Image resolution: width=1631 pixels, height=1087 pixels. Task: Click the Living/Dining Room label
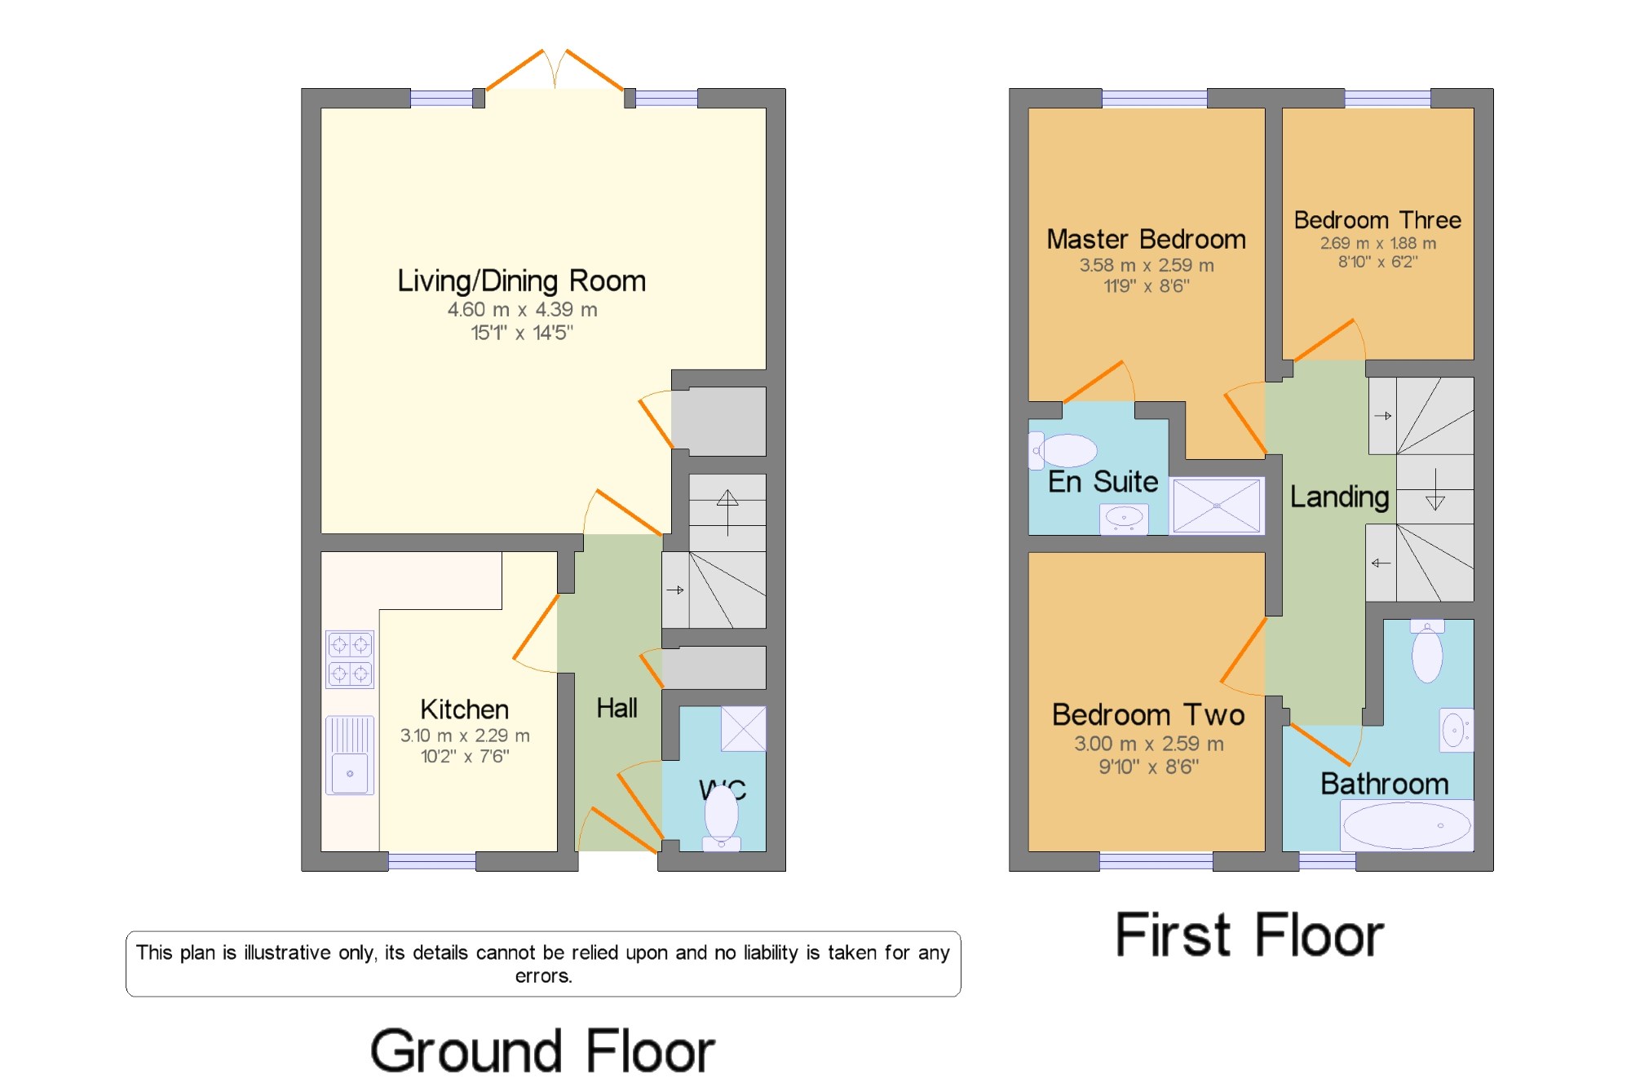[521, 281]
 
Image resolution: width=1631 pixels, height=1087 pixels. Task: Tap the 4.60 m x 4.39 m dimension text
[522, 310]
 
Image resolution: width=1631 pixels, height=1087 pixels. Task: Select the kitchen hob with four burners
[350, 659]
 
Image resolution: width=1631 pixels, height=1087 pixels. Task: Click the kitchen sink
[350, 755]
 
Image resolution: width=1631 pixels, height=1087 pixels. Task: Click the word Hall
[617, 708]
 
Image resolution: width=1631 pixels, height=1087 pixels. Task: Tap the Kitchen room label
[464, 709]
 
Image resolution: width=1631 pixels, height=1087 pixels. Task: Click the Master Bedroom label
[1146, 239]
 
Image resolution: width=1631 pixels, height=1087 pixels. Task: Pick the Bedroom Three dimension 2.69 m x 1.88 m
[1378, 243]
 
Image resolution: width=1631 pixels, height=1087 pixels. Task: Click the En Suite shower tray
[1217, 506]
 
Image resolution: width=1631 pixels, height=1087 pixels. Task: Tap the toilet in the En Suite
[1063, 451]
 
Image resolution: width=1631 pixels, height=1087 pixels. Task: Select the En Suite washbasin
[1124, 519]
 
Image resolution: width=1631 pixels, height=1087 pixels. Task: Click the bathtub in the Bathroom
[1407, 825]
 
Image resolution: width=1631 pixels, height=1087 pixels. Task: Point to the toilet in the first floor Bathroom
[1427, 651]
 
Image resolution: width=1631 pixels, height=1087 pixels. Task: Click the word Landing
[1339, 497]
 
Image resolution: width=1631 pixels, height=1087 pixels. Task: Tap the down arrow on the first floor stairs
[1435, 489]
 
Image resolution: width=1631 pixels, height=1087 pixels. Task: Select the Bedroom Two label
[1148, 714]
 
